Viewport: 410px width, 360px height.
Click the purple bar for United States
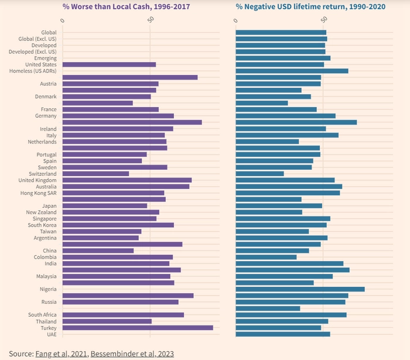(x=109, y=64)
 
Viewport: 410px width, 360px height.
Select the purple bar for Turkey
(x=138, y=328)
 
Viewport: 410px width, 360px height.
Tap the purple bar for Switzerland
(x=95, y=174)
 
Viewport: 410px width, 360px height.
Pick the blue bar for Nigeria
(x=300, y=289)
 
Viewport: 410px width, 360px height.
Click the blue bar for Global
(x=281, y=32)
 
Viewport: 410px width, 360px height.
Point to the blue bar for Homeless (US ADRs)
(x=292, y=71)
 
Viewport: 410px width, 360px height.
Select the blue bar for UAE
(x=283, y=334)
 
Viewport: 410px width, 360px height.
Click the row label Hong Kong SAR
(x=39, y=193)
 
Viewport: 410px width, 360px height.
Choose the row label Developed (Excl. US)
(x=33, y=52)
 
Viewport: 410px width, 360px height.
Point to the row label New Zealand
(x=41, y=212)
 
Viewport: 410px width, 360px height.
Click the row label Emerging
(x=45, y=58)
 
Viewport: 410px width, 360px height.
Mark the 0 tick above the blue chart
(x=235, y=20)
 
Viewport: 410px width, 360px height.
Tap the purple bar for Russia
(x=120, y=302)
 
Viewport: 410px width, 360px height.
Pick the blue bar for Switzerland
(x=259, y=174)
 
